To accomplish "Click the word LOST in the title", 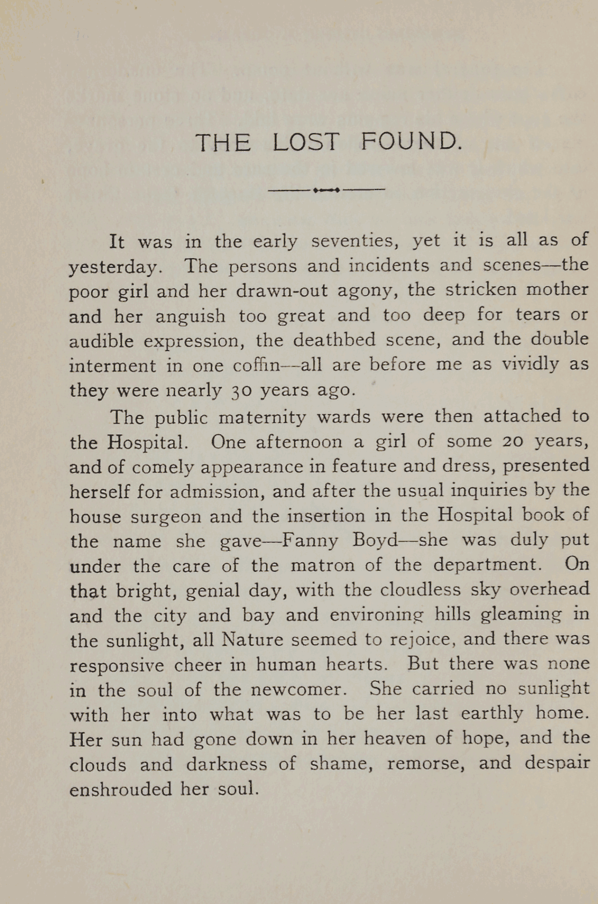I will pos(305,142).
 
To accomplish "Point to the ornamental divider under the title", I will pos(326,189).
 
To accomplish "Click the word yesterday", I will pos(114,267).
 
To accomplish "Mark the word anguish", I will pos(191,316).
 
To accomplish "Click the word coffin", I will pos(257,366).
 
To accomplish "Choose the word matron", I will pos(323,565).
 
